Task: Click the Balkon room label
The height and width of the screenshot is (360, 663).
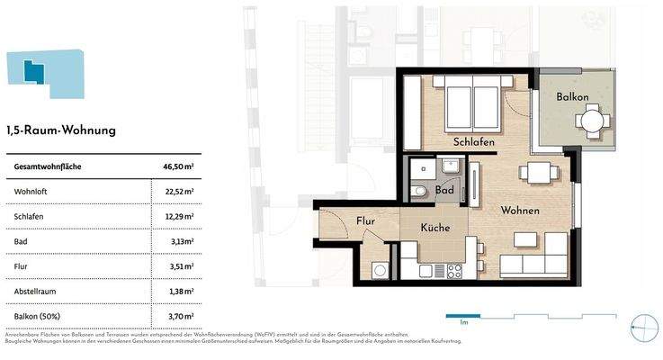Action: (571, 96)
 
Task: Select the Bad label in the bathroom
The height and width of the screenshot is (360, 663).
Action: (443, 191)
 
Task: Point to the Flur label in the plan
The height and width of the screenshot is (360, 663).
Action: (365, 220)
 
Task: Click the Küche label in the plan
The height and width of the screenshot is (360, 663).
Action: (435, 229)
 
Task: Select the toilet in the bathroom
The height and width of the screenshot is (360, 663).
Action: (419, 191)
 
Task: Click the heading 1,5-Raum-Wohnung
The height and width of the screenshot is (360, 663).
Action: (61, 130)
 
